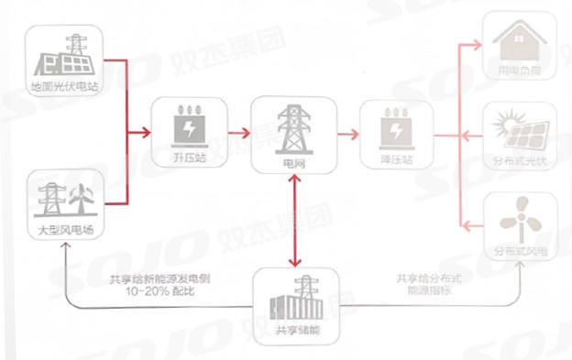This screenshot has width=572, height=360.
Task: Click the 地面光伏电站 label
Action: pyautogui.click(x=63, y=87)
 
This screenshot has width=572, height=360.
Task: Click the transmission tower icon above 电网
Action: pyautogui.click(x=291, y=127)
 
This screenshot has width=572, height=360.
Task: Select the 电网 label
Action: pyautogui.click(x=291, y=164)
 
